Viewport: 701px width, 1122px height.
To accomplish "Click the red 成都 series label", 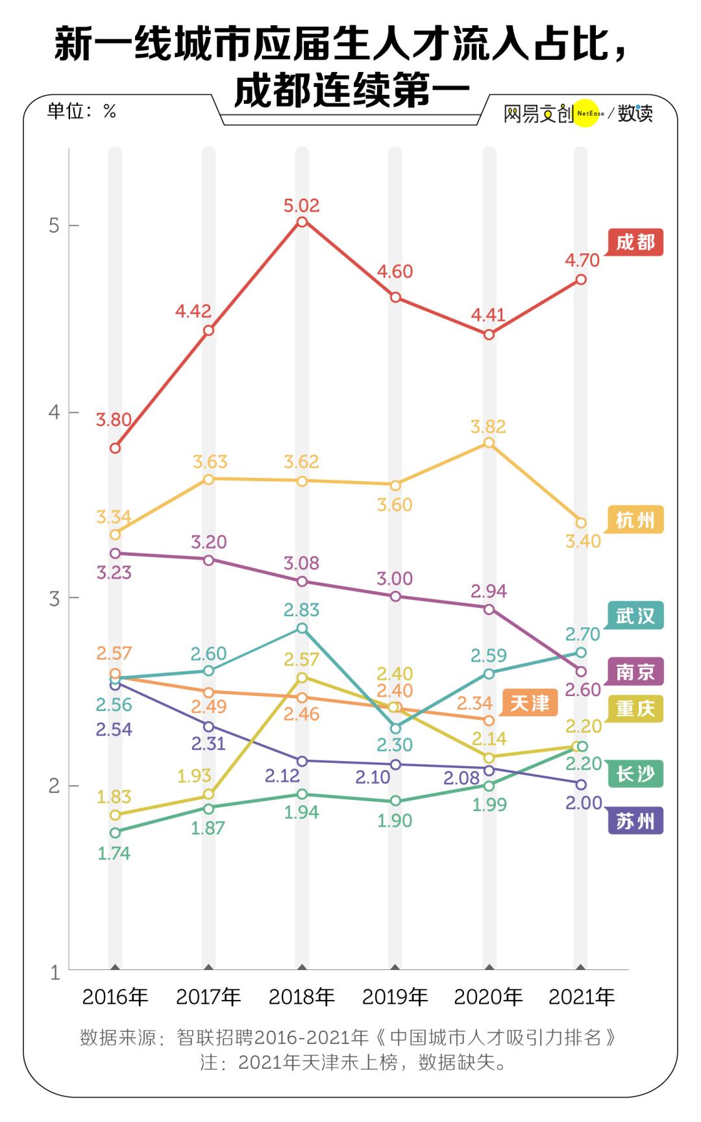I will (x=635, y=242).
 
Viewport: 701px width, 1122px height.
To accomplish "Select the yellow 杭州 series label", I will (x=635, y=520).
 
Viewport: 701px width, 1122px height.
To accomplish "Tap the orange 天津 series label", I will (x=530, y=703).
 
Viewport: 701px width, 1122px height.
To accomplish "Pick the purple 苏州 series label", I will (x=635, y=821).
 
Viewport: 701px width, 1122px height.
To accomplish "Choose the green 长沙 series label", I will (x=635, y=773).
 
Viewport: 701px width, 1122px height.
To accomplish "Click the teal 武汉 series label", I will (x=635, y=615).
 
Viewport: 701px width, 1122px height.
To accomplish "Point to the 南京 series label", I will (x=635, y=671).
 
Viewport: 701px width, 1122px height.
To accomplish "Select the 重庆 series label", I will (x=635, y=708).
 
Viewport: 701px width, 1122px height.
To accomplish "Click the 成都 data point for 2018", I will (x=302, y=222).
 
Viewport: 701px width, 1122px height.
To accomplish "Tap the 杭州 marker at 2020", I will (x=489, y=443).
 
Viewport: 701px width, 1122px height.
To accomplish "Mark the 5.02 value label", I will (x=302, y=206).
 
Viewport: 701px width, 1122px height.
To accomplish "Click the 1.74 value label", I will (x=114, y=853).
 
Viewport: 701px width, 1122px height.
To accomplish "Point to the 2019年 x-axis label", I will (x=395, y=997).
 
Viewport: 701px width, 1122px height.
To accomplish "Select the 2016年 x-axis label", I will (x=115, y=997).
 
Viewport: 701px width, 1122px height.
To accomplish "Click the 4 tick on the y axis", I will (x=55, y=412).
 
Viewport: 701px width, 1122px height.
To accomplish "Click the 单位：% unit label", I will (x=82, y=111).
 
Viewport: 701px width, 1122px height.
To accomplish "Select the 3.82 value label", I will (x=489, y=427).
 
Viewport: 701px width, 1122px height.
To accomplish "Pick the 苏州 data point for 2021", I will (x=581, y=784).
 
